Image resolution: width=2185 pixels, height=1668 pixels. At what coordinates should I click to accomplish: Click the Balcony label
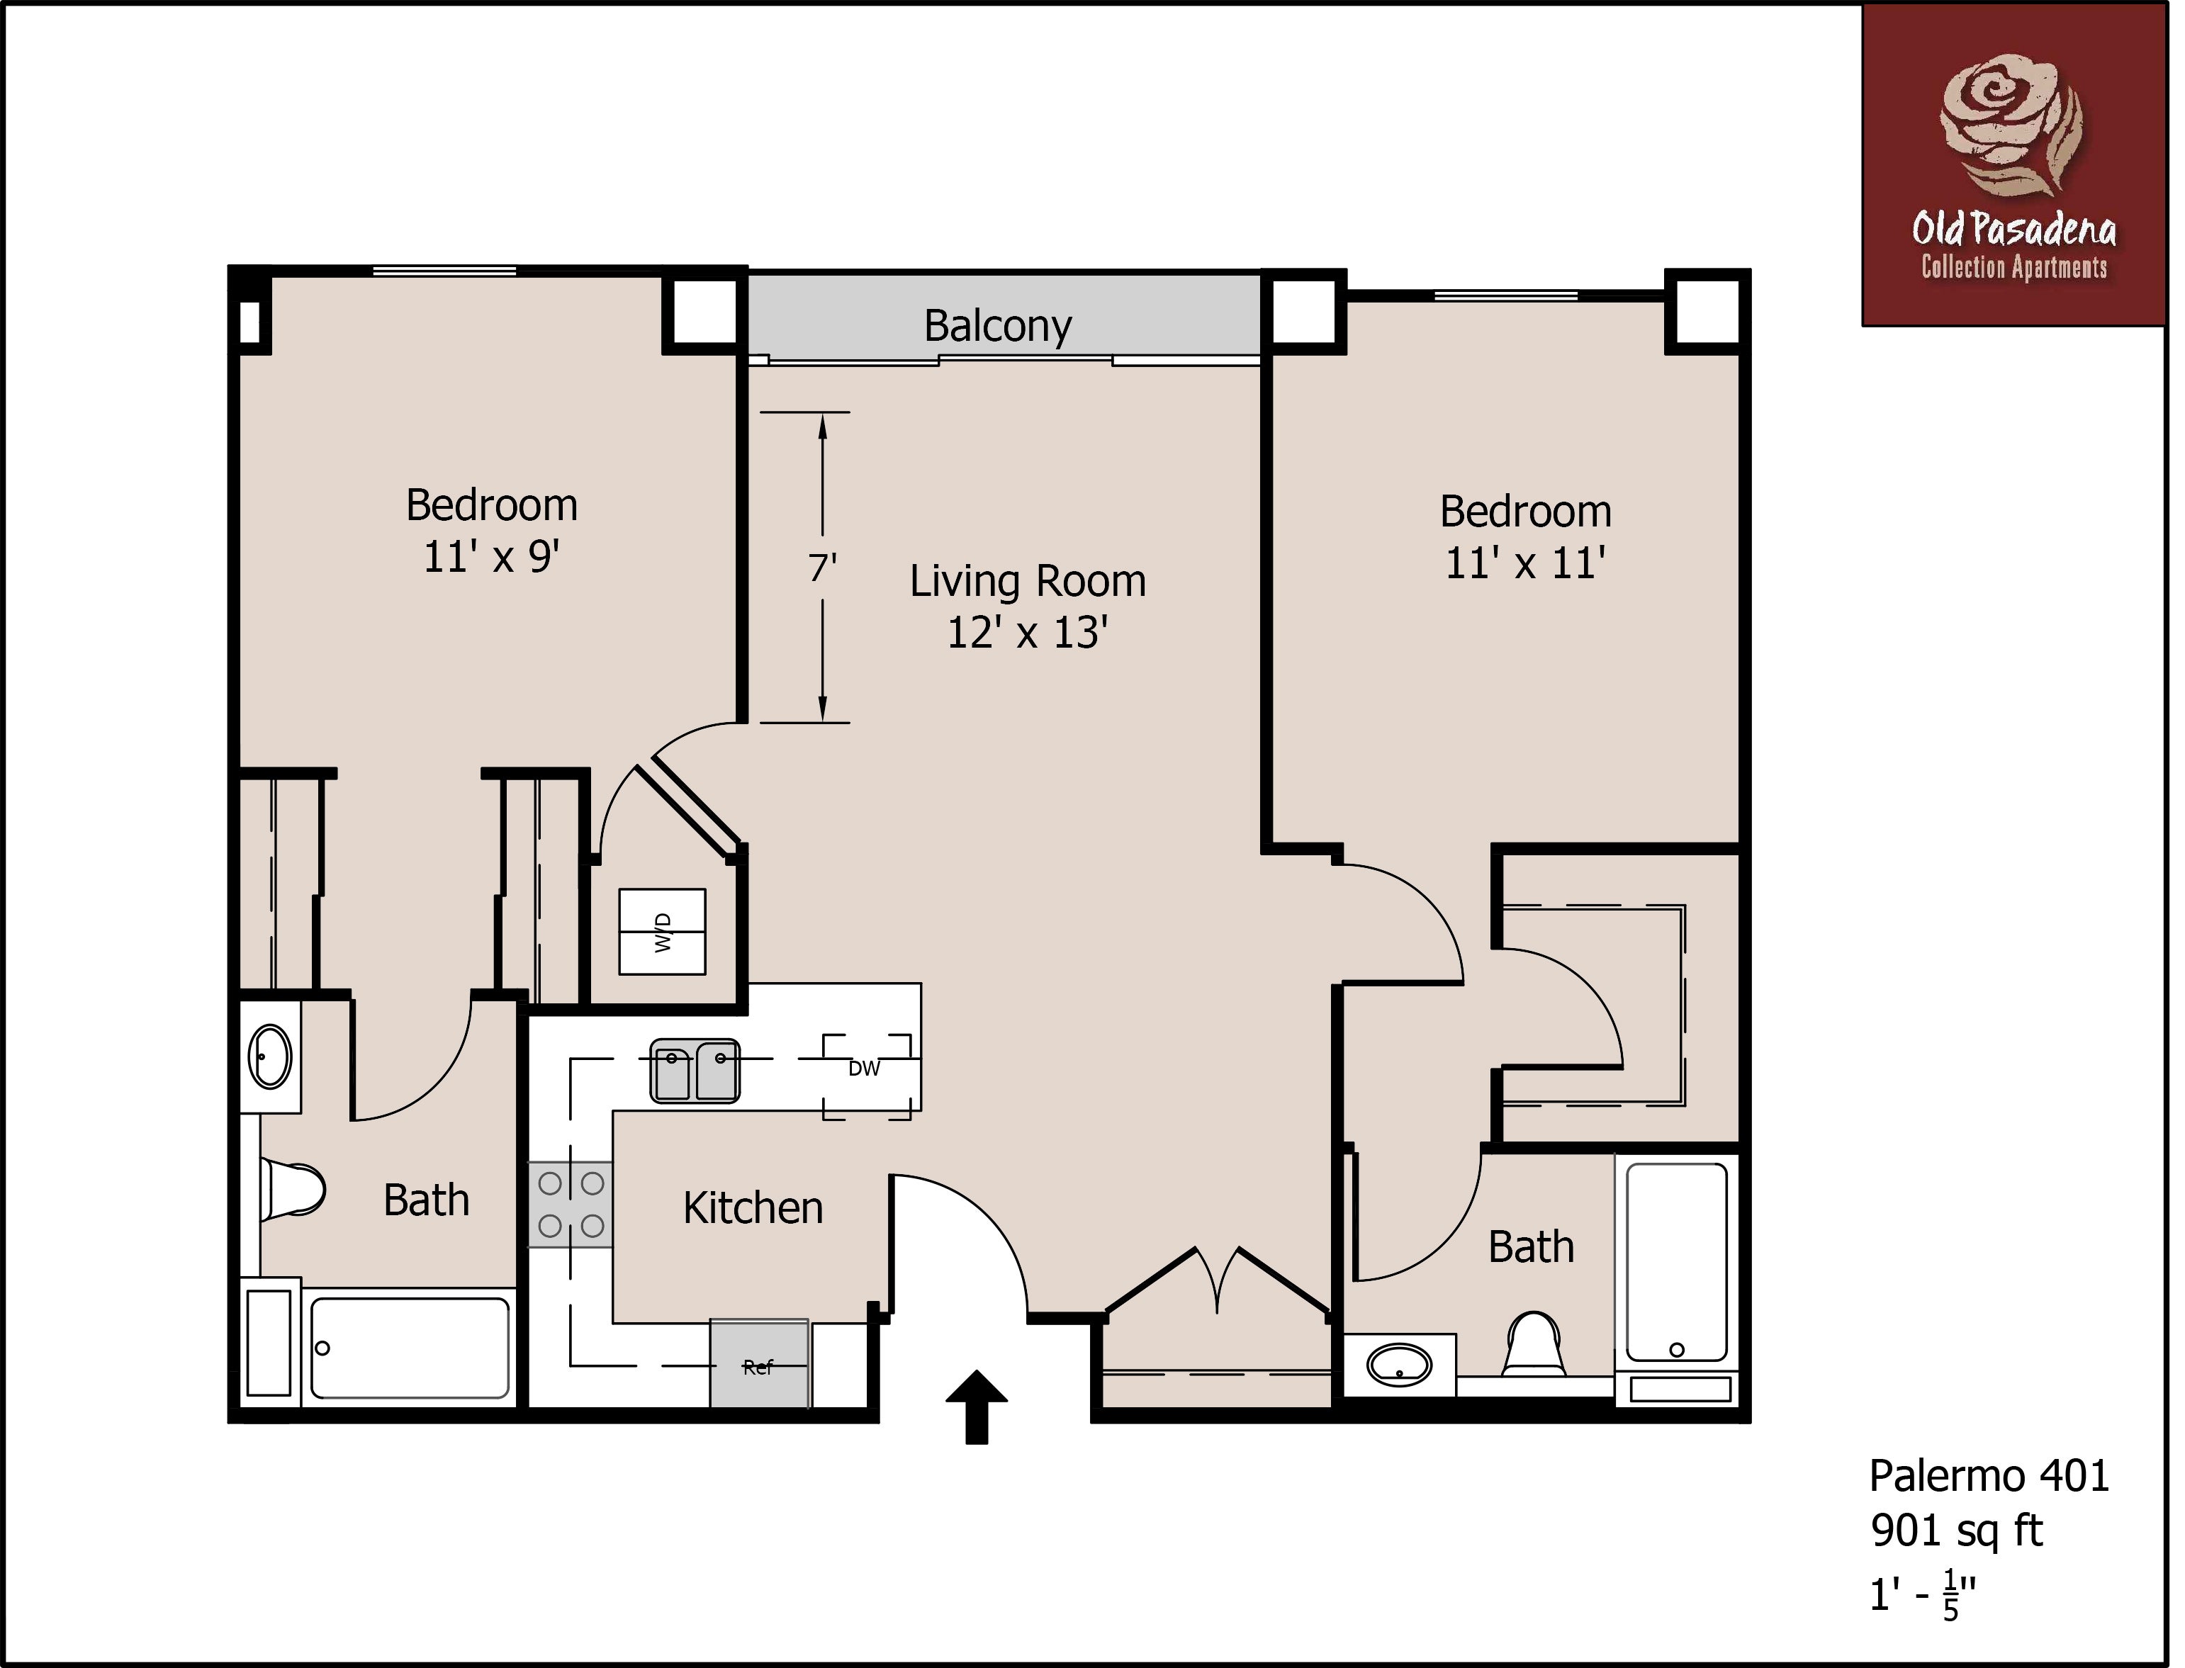997,326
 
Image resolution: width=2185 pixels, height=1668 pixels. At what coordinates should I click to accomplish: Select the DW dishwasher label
863,1069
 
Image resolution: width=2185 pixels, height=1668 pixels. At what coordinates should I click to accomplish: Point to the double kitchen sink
695,1071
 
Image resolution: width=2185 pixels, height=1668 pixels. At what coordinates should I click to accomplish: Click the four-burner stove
570,1205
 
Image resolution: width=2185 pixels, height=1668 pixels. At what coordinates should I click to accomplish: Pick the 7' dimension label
822,568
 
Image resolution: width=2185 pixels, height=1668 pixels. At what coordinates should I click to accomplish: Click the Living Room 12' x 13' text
1027,607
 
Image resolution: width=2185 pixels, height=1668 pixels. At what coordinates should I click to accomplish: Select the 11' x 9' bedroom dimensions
492,557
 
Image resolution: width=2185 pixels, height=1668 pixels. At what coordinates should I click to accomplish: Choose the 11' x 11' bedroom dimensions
1525,564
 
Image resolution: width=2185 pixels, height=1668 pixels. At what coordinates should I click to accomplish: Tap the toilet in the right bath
1534,1346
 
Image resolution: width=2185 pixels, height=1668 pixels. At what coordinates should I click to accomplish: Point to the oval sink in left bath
270,1056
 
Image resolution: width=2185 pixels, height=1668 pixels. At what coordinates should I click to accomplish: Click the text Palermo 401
1989,1477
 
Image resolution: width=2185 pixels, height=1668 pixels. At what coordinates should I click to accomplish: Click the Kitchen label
753,1208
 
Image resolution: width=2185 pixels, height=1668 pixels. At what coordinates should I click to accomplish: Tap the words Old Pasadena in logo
2013,230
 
